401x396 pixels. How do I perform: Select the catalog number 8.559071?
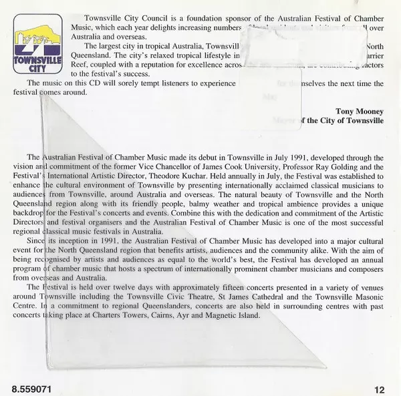click(x=29, y=387)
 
